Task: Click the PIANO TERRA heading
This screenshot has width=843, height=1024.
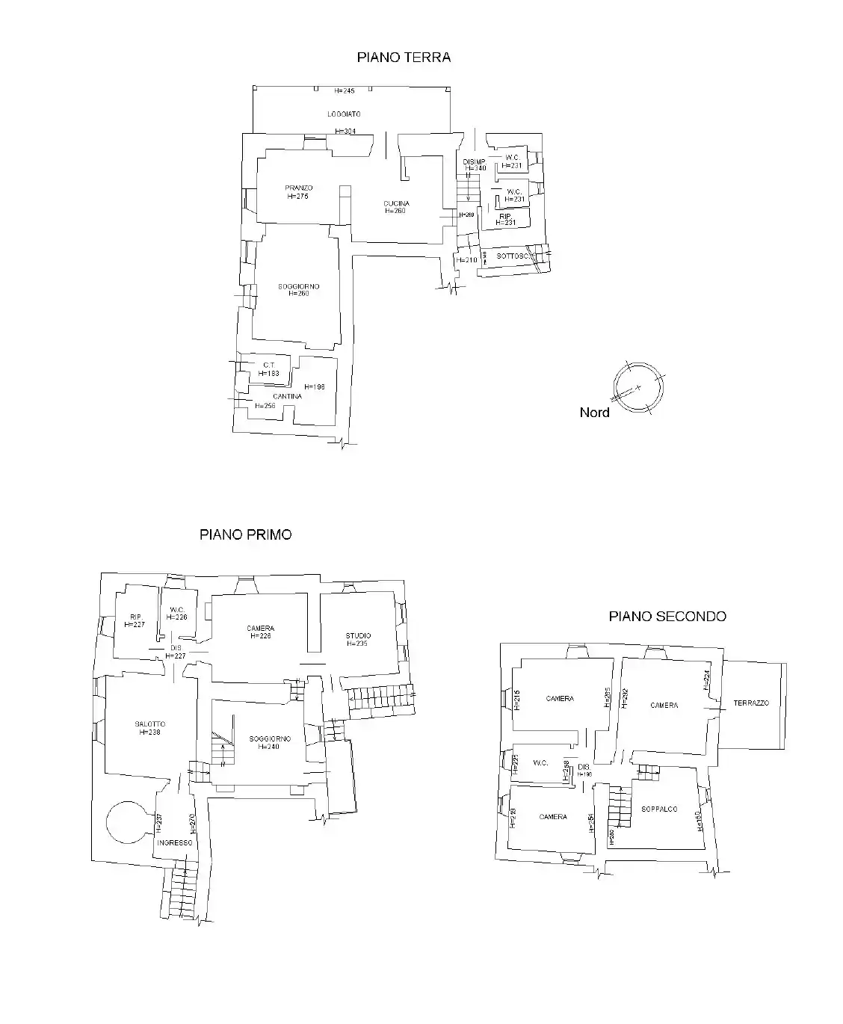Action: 404,58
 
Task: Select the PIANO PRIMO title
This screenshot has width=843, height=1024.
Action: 245,535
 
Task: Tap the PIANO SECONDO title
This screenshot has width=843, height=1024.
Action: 667,617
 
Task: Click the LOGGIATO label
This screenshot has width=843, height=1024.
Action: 344,114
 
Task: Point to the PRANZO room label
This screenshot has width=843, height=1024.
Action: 298,188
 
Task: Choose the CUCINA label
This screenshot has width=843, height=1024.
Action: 396,203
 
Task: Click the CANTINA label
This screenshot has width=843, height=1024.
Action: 287,396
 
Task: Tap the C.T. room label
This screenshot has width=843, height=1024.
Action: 268,365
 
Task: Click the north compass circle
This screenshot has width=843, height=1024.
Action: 637,387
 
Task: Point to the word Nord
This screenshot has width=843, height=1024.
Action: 594,413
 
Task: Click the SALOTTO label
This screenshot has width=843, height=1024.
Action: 149,724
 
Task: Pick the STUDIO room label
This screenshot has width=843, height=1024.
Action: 358,636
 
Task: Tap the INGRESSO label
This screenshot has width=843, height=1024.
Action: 174,842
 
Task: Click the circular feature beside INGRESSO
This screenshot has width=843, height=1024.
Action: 129,821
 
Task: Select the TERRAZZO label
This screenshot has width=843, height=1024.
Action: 751,703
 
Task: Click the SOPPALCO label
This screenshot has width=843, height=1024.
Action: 659,809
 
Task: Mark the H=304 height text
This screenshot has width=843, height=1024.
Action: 345,132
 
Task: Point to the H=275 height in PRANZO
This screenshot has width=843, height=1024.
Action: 297,197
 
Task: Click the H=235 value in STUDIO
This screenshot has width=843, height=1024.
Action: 358,644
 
